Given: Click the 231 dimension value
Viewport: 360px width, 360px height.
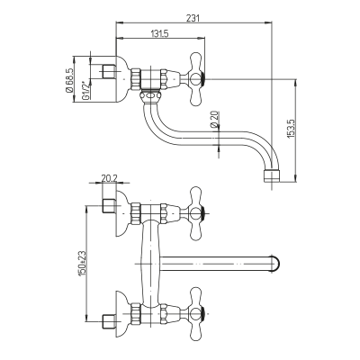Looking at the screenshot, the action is pos(193,18).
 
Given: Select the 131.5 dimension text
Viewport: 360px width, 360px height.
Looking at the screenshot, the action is pos(160,33).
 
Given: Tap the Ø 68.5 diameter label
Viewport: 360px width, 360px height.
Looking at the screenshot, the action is pos(69,80).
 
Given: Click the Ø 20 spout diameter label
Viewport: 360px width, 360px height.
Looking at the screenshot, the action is pos(214,119).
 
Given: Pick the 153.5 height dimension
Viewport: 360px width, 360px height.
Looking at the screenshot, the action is pos(291,129).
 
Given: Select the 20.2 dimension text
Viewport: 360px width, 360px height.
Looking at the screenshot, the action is pos(109,178).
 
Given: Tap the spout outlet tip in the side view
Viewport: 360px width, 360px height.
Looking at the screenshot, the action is pos(271,176).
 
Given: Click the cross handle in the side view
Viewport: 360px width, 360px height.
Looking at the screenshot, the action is pos(195,79).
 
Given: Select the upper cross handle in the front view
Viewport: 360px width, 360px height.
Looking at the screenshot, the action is pos(195,213).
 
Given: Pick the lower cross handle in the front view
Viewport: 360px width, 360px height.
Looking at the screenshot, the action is pos(195,314).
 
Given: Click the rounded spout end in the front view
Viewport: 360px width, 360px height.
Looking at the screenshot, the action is pos(276,264).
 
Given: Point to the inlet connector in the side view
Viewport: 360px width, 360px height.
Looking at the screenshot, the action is pos(109,72).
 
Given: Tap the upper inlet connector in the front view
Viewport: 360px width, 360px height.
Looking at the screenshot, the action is pos(109,206).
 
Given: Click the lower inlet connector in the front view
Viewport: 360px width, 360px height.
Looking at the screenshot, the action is pos(109,321).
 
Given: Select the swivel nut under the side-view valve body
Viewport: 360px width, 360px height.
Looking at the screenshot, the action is pos(150,96).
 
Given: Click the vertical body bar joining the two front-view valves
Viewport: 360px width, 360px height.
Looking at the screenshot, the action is pos(150,264).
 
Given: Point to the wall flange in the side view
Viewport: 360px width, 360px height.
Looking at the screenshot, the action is pos(123,79).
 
